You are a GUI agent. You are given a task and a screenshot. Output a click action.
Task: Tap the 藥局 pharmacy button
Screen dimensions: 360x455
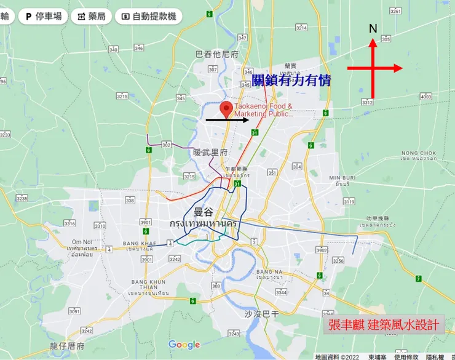(x=90, y=17)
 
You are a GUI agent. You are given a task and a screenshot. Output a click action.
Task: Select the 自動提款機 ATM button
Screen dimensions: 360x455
(x=148, y=17)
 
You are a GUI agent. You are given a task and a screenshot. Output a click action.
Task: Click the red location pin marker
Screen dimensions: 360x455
(x=227, y=110)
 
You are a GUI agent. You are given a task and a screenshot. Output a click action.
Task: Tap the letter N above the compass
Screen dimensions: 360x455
(x=373, y=29)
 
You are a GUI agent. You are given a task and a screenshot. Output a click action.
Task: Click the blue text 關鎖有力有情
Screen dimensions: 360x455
(x=291, y=79)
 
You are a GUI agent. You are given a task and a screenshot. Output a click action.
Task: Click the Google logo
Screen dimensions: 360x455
(x=184, y=345)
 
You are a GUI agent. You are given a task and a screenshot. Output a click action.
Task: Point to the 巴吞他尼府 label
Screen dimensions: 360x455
(x=216, y=54)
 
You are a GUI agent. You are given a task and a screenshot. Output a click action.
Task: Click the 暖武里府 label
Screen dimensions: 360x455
(x=210, y=152)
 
